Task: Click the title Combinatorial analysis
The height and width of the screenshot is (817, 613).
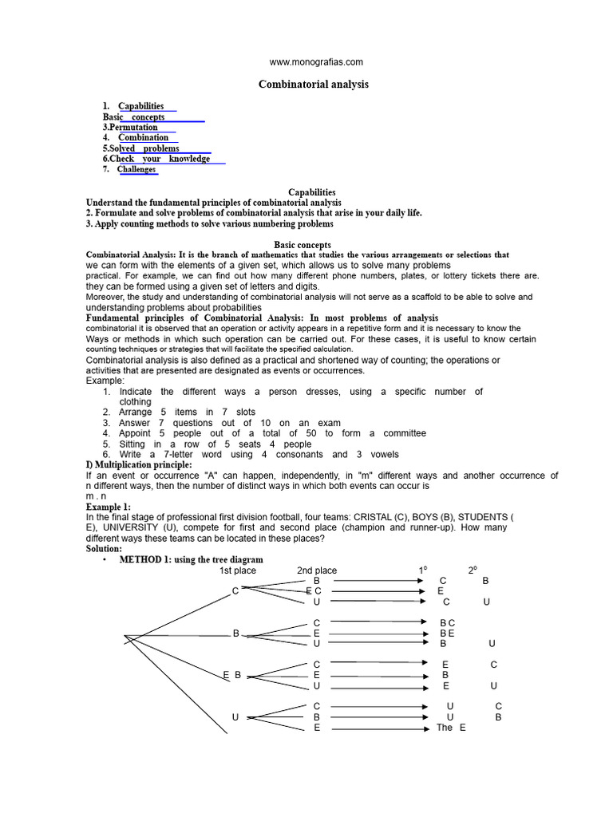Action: [314, 85]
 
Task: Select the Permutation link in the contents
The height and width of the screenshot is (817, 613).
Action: [133, 128]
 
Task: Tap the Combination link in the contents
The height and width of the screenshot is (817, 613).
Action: [144, 138]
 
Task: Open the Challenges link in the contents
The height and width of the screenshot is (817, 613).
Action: [136, 169]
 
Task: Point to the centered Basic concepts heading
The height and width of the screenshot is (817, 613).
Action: [303, 245]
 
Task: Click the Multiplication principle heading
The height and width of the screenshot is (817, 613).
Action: [139, 464]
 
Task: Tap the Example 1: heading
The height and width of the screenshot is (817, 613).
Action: [108, 507]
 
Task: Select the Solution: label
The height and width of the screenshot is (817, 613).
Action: [104, 549]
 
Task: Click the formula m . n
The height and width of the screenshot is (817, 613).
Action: [97, 495]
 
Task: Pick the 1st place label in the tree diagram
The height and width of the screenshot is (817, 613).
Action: [238, 570]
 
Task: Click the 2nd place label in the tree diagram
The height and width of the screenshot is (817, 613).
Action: [317, 570]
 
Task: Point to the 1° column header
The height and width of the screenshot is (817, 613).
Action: [423, 570]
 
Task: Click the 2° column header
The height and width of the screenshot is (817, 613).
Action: [473, 570]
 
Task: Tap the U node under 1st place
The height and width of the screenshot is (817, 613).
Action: [235, 717]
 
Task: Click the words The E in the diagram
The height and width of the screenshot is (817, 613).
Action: [451, 728]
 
